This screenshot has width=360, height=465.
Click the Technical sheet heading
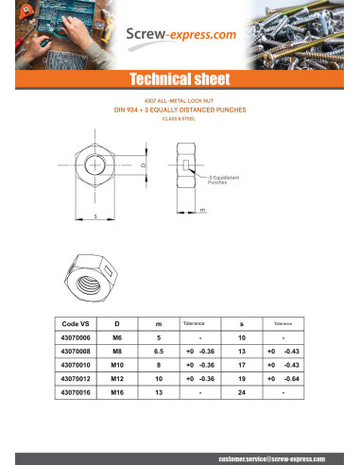pos(180,78)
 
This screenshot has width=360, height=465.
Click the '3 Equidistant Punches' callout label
pos(225,180)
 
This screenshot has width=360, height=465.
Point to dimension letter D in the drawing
pos(144,165)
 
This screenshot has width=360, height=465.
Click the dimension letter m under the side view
pos(203,210)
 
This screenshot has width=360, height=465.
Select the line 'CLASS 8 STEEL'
pos(180,118)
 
